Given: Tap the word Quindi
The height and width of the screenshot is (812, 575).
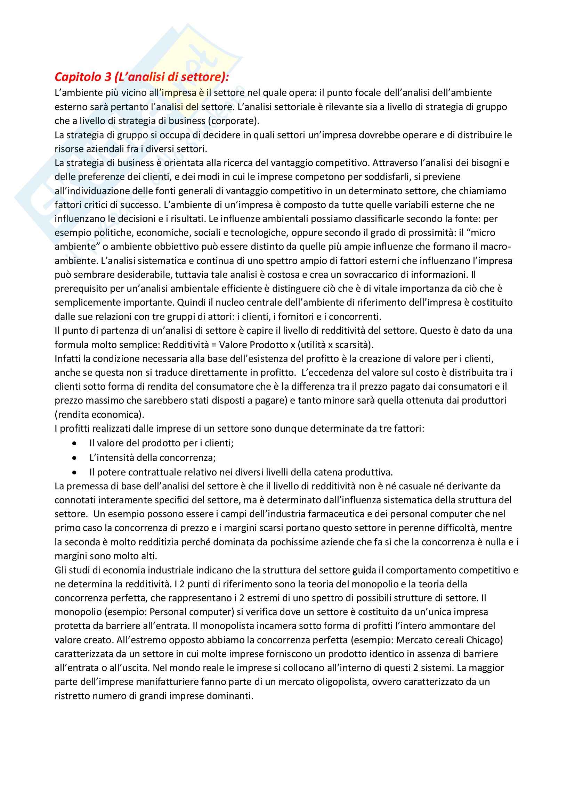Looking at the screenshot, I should (x=190, y=303).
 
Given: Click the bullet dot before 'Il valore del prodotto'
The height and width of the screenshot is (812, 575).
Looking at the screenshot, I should (x=74, y=443).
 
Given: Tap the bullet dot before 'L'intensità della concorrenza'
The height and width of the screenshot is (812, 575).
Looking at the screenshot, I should (x=74, y=458).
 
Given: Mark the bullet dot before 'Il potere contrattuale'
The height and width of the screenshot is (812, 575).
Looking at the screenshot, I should (x=74, y=472).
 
